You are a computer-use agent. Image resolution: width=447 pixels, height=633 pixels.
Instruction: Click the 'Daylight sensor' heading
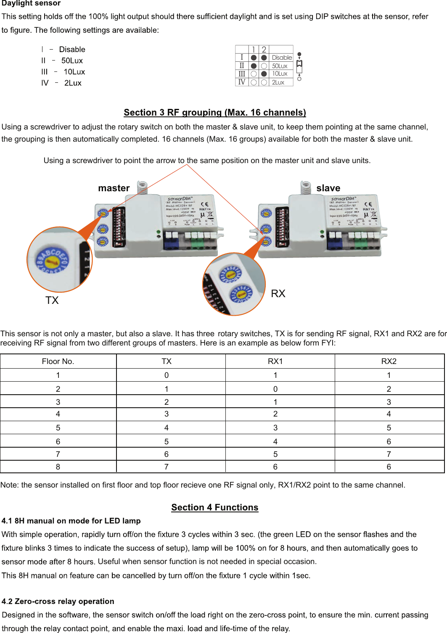click(31, 4)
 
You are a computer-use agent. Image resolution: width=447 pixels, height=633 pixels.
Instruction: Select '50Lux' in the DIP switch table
click(280, 66)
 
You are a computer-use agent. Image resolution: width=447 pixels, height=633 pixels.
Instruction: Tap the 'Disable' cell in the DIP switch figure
click(281, 58)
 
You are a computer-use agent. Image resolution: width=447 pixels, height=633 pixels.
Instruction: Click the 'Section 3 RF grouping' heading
click(214, 113)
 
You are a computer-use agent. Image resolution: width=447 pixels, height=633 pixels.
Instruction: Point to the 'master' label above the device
click(114, 188)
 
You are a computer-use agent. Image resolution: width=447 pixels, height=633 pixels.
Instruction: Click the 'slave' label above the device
click(328, 188)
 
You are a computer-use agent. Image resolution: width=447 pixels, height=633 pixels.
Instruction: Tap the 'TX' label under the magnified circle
click(52, 301)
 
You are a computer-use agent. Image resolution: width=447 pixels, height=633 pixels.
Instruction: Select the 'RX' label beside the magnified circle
click(278, 294)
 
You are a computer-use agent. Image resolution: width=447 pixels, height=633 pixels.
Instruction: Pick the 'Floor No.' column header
click(58, 361)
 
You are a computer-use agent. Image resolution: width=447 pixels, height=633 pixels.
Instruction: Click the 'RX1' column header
click(275, 361)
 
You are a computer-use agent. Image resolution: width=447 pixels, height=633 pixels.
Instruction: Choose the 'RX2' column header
click(389, 361)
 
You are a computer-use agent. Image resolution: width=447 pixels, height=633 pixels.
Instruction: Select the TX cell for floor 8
click(167, 467)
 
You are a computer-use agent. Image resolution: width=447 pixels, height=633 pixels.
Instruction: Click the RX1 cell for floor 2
click(275, 389)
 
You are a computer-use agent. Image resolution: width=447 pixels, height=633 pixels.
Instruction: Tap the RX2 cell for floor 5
click(389, 428)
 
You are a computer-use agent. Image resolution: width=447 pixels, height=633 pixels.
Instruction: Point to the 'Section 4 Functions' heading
click(214, 507)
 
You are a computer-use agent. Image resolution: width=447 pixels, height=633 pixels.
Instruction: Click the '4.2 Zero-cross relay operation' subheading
click(58, 601)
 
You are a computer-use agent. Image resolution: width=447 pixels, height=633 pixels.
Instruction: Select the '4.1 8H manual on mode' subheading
click(71, 521)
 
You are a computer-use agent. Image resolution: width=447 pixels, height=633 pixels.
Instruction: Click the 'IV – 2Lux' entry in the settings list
click(61, 83)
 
